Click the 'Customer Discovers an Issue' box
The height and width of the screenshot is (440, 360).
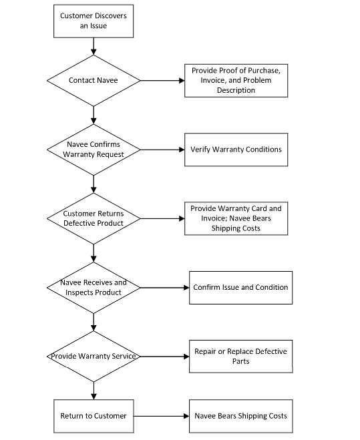(94, 21)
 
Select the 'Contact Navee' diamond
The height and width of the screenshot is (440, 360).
(94, 81)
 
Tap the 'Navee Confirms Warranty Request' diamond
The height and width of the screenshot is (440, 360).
(94, 150)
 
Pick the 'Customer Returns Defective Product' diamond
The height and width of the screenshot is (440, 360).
(94, 218)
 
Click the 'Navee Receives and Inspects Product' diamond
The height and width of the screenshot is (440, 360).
(94, 288)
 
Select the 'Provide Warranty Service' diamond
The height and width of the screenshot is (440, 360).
(94, 357)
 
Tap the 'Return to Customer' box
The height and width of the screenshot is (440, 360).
(94, 416)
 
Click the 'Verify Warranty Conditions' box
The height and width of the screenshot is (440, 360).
(236, 150)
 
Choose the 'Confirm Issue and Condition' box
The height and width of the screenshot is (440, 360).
(241, 288)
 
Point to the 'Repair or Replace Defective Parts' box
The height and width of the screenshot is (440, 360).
(241, 357)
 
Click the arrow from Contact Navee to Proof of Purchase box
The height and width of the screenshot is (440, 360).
(162, 81)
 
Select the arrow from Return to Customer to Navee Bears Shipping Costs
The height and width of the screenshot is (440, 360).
(161, 416)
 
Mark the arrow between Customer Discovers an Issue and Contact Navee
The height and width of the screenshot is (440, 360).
(94, 46)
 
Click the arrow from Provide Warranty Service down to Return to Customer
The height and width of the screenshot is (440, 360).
(94, 391)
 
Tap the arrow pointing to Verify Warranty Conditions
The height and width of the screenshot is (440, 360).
(162, 150)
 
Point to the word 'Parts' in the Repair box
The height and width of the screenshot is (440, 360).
(240, 361)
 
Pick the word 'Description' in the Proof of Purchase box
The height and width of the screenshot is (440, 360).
(236, 90)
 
